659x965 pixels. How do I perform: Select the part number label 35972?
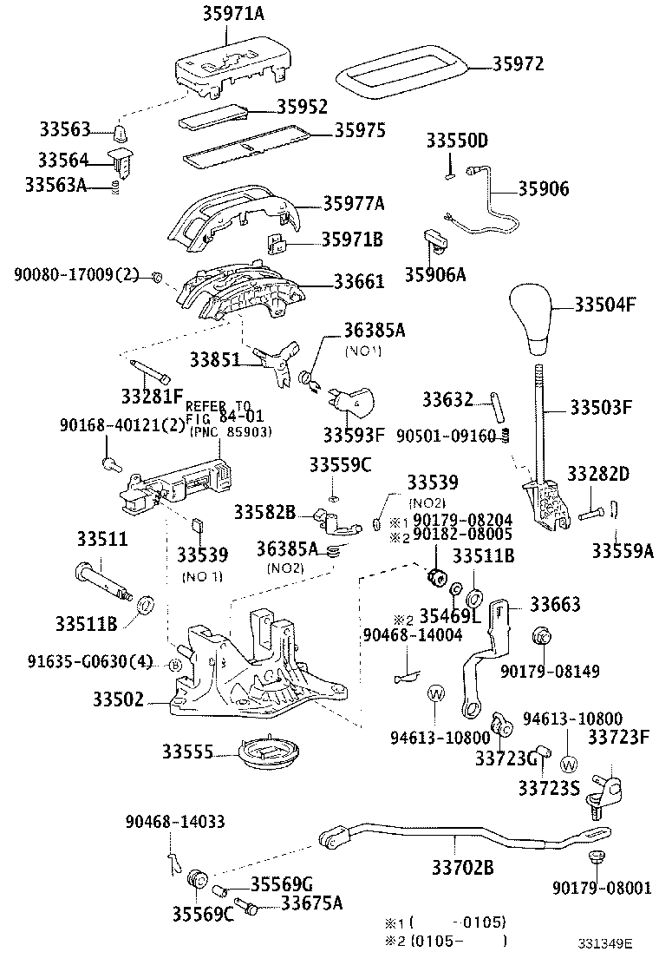pyautogui.click(x=519, y=63)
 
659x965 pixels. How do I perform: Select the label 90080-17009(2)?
pyautogui.click(x=76, y=275)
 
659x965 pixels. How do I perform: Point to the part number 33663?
pyautogui.click(x=555, y=604)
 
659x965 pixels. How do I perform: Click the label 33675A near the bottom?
pyautogui.click(x=311, y=903)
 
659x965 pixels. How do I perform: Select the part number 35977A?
pyautogui.click(x=353, y=203)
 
